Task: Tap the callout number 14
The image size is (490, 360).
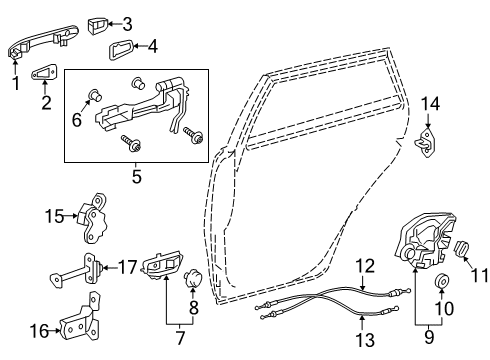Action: coord(429,103)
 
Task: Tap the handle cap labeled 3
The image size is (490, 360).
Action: coord(98,22)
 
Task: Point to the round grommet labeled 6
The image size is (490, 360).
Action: coord(96,96)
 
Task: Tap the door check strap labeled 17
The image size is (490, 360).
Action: coord(78,268)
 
